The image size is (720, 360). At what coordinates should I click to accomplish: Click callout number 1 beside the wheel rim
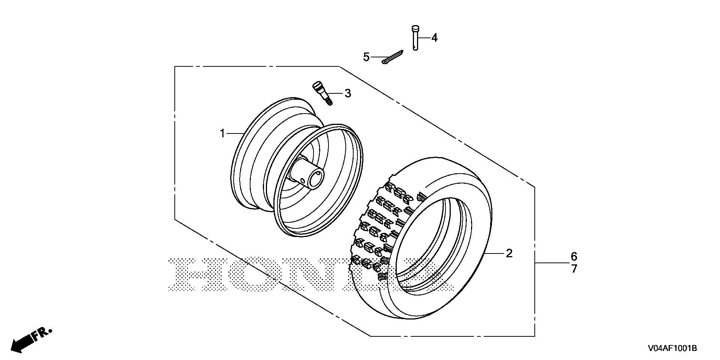[222, 133]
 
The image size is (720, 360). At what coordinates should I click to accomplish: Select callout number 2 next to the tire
[509, 253]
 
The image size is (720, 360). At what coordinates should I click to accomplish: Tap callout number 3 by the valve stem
[348, 93]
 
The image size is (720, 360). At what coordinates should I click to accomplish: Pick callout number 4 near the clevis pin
[434, 37]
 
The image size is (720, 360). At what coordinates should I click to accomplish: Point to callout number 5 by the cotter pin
[366, 57]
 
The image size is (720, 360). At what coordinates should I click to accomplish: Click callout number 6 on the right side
[574, 256]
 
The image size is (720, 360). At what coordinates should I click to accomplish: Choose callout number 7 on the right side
[574, 269]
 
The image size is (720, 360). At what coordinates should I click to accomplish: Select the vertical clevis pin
[415, 37]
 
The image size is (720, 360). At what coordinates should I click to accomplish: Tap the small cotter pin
[392, 57]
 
